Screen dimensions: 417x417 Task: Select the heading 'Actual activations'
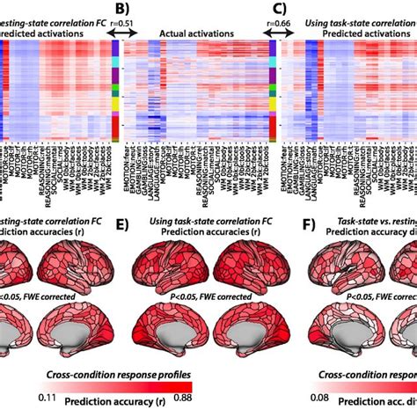tap(194, 33)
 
